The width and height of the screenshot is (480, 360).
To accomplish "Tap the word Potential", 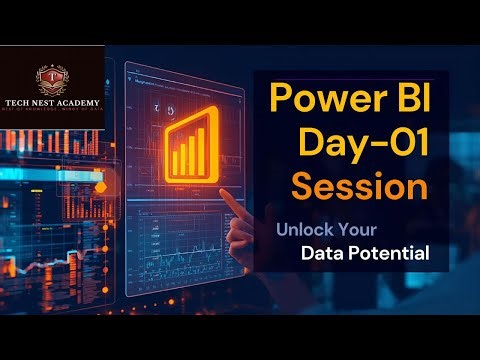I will point(394,254).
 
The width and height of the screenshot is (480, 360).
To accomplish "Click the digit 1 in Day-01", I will point(419,145).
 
